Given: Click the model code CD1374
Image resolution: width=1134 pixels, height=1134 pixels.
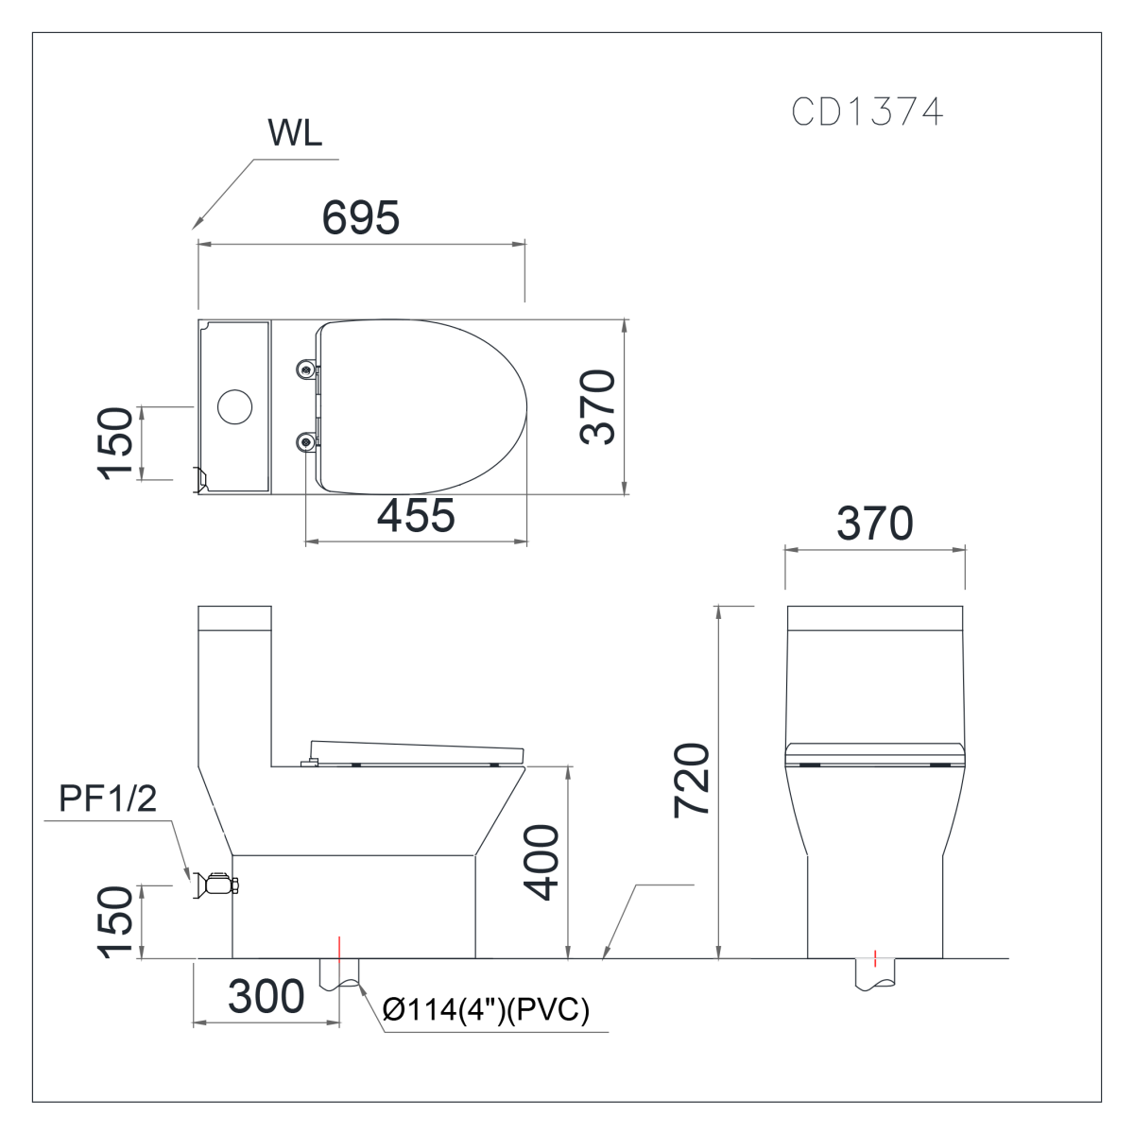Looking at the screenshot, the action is click(x=867, y=112).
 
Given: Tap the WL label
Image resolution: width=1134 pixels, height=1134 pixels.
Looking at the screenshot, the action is click(x=295, y=133).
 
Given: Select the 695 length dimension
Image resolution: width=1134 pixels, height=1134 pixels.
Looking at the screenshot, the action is click(x=361, y=217).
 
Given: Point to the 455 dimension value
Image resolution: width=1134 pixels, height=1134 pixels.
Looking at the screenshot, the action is click(x=416, y=516).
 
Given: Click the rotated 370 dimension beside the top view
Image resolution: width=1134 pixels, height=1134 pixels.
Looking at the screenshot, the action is click(x=597, y=406).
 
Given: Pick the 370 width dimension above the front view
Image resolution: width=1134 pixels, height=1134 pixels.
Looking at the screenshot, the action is click(x=875, y=523).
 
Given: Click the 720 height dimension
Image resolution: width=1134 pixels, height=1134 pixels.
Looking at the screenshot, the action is click(x=692, y=781).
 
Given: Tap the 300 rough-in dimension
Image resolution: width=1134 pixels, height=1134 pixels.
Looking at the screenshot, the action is click(x=266, y=996).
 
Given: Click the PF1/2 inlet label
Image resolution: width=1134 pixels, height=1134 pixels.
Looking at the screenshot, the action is click(x=108, y=799).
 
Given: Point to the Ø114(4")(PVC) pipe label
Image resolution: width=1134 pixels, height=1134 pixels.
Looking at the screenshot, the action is click(x=486, y=1010).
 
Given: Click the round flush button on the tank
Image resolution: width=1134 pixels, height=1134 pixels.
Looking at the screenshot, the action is click(x=234, y=406).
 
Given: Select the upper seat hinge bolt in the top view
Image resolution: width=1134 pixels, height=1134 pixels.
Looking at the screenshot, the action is click(x=305, y=369).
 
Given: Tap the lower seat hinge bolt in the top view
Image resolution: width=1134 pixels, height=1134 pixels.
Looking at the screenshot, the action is click(x=305, y=441).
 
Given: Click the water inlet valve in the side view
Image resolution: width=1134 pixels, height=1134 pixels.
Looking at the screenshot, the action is click(x=215, y=885).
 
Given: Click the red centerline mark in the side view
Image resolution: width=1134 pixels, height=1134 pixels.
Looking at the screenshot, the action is click(x=339, y=950).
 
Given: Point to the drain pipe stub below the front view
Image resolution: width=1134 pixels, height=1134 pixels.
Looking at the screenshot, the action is click(x=875, y=973).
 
